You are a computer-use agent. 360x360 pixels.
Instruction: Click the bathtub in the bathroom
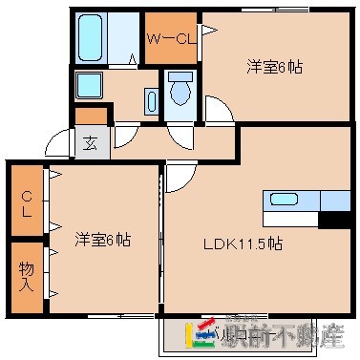[92, 38]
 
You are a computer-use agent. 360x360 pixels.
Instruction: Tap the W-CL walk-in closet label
[170, 39]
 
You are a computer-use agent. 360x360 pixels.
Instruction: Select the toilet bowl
[179, 91]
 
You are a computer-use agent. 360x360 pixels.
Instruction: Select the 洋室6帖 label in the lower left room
[102, 239]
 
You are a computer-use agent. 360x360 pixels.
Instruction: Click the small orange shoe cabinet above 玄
[91, 116]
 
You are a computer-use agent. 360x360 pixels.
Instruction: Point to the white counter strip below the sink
[291, 219]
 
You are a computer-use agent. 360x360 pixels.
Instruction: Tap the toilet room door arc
[178, 134]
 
